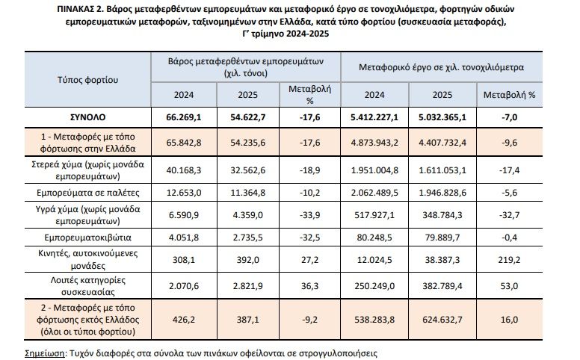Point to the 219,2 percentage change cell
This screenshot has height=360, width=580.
click(510, 258)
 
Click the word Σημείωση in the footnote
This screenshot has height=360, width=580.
click(38, 351)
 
